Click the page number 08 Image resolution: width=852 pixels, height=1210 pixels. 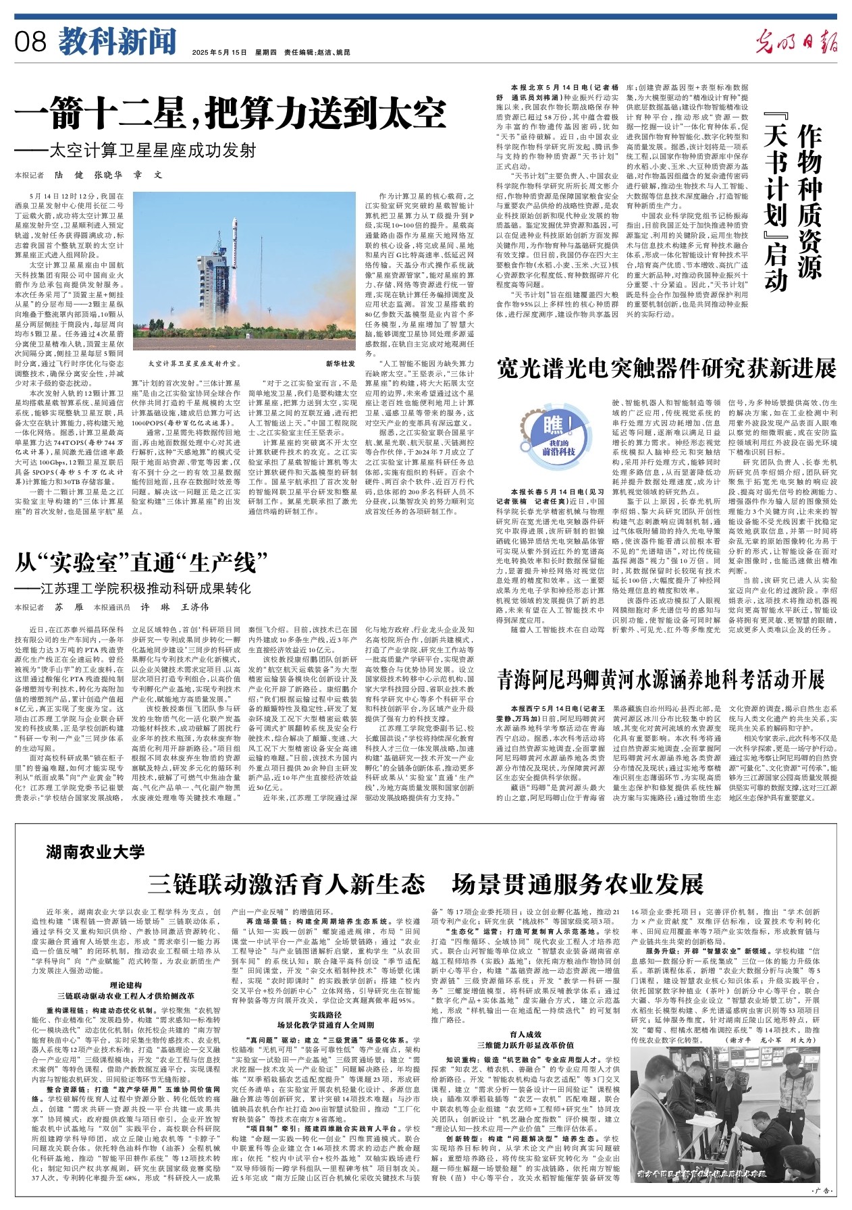(x=31, y=42)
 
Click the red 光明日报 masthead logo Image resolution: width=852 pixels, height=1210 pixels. (x=796, y=43)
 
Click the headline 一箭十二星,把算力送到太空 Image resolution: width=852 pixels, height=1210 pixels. (x=231, y=113)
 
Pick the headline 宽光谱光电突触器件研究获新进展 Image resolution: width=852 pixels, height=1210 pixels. (x=666, y=369)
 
